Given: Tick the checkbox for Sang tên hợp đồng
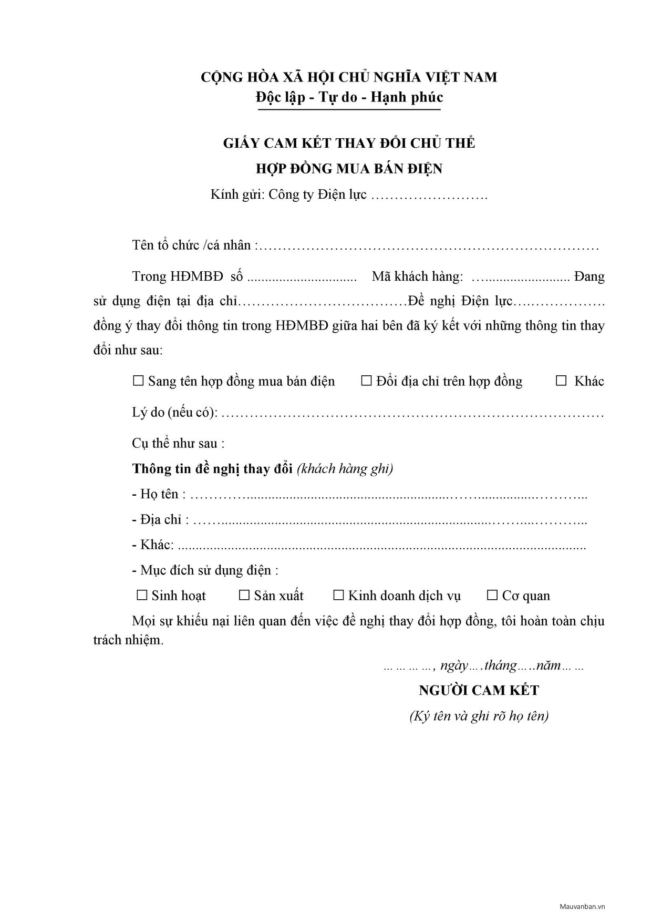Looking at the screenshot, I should coord(138,381).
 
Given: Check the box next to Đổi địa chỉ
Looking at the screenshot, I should coord(366,381).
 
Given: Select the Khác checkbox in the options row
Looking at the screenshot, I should coord(561,381).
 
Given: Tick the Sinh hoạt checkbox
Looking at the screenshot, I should coord(142,595).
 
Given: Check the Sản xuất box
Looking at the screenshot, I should coord(244,595).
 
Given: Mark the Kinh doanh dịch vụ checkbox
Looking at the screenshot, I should coord(338,595).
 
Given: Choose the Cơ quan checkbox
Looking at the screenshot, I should coord(492,595).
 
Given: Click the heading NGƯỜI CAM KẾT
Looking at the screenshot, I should coord(479,690).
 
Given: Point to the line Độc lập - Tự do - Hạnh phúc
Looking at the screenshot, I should coord(349,97).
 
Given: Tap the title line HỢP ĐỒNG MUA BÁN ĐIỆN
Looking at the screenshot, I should coord(349,169).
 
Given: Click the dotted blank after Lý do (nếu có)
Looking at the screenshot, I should coord(412,414).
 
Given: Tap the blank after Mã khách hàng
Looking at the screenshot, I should coord(520,277).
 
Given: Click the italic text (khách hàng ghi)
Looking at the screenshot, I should coord(345,468).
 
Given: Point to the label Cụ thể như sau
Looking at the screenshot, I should coord(178,443).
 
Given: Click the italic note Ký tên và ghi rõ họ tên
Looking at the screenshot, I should coord(479,716).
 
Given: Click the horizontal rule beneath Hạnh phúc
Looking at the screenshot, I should coord(349,110).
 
